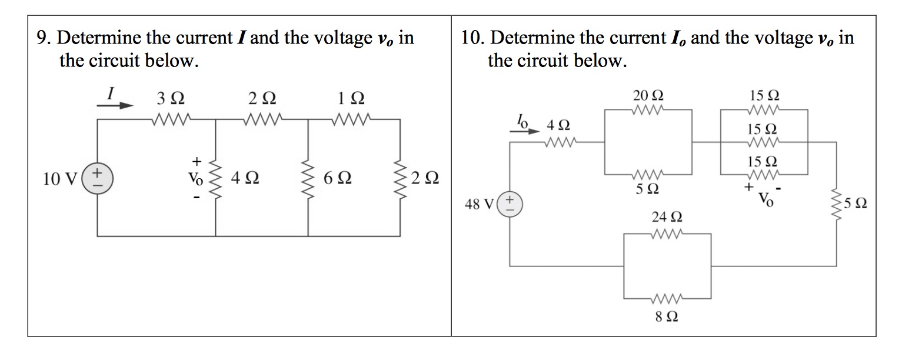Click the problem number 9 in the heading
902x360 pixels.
coord(42,39)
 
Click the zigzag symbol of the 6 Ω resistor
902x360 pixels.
coord(308,177)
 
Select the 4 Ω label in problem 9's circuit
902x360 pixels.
coord(246,177)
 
